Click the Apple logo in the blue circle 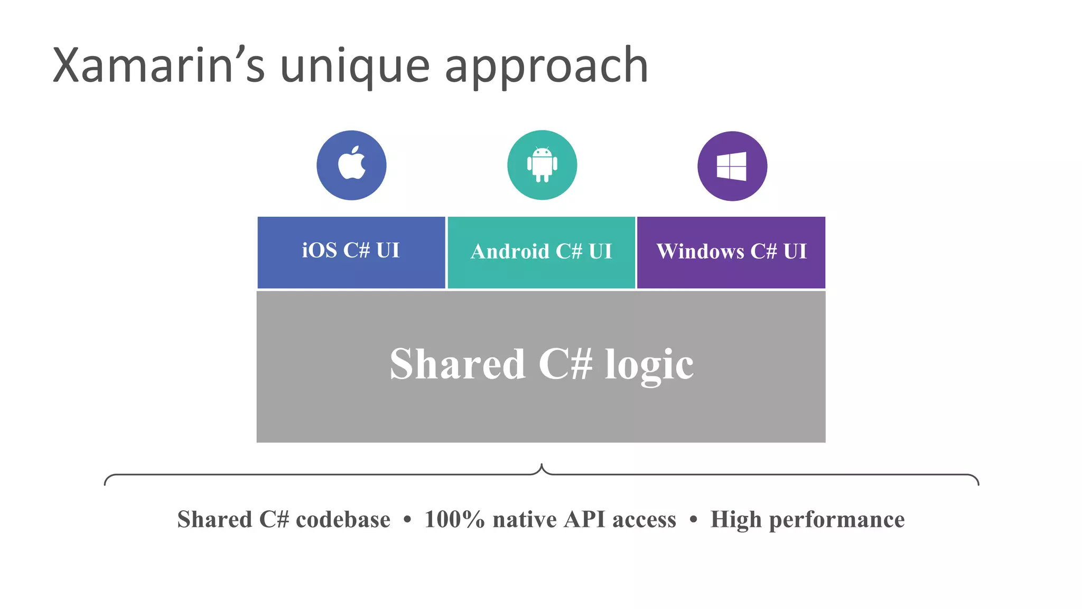click(352, 163)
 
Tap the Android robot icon click(542, 164)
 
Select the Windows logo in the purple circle click(732, 166)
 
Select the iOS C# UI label click(351, 250)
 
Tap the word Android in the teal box click(510, 252)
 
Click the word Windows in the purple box click(700, 252)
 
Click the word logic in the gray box click(649, 365)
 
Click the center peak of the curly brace click(542, 466)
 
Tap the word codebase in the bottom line click(343, 519)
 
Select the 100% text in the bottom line click(454, 519)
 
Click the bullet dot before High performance click(693, 520)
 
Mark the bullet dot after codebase click(407, 520)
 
